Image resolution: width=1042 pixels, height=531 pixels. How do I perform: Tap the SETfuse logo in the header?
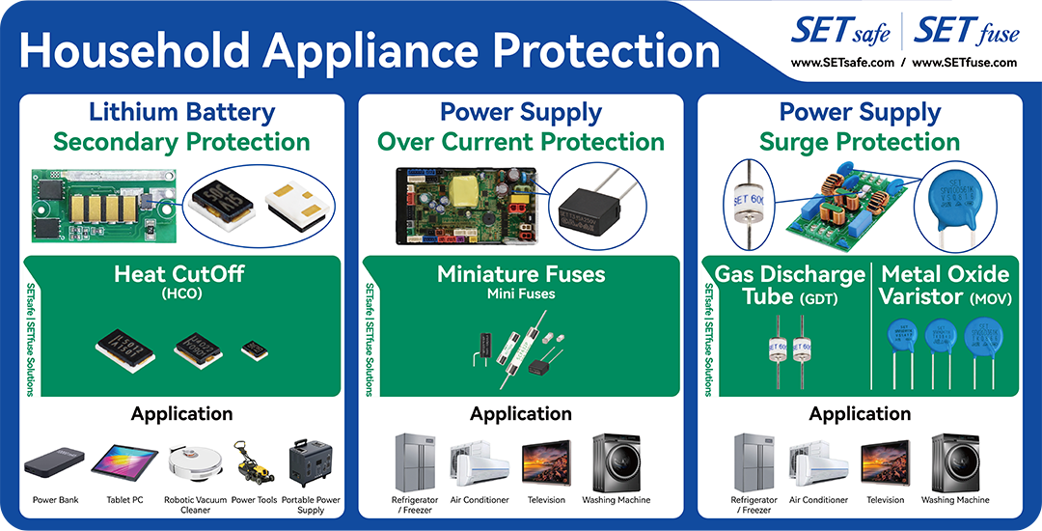[x=965, y=32]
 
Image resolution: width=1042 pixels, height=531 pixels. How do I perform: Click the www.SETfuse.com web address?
[x=964, y=63]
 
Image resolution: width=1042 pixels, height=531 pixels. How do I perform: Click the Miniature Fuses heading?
[x=521, y=274]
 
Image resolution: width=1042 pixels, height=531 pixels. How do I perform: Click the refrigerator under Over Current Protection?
[x=416, y=462]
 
